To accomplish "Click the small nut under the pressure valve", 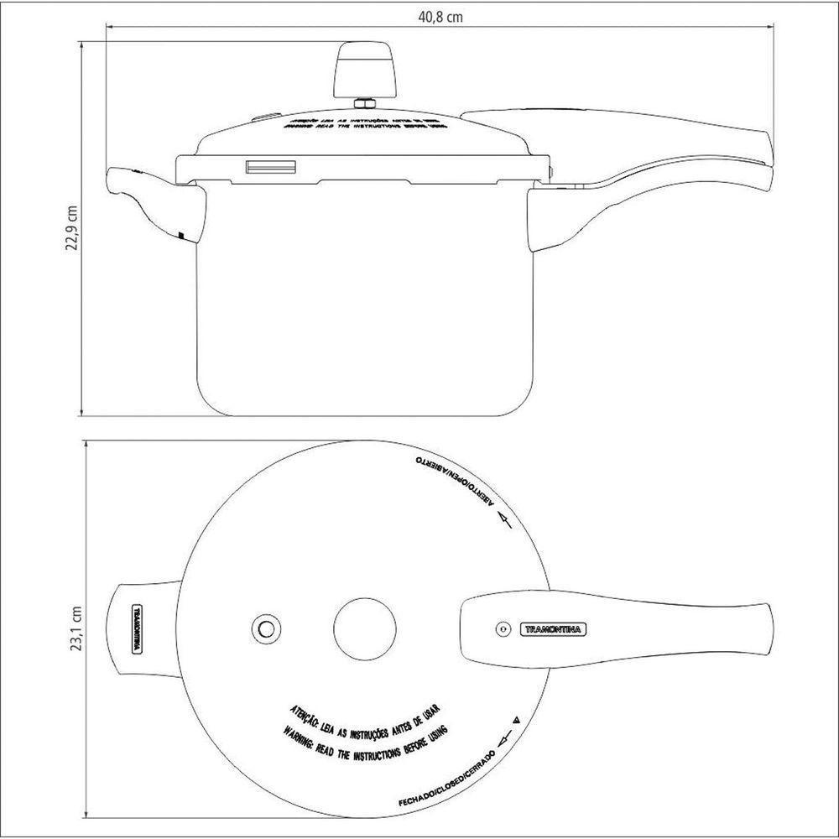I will click(x=364, y=104).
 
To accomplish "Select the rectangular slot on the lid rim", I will click(x=270, y=167).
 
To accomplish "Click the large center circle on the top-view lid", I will click(x=364, y=627).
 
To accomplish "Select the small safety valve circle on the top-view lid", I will click(x=267, y=627).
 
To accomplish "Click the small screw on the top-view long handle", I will click(x=502, y=628).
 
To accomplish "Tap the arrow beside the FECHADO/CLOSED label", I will click(x=504, y=737).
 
